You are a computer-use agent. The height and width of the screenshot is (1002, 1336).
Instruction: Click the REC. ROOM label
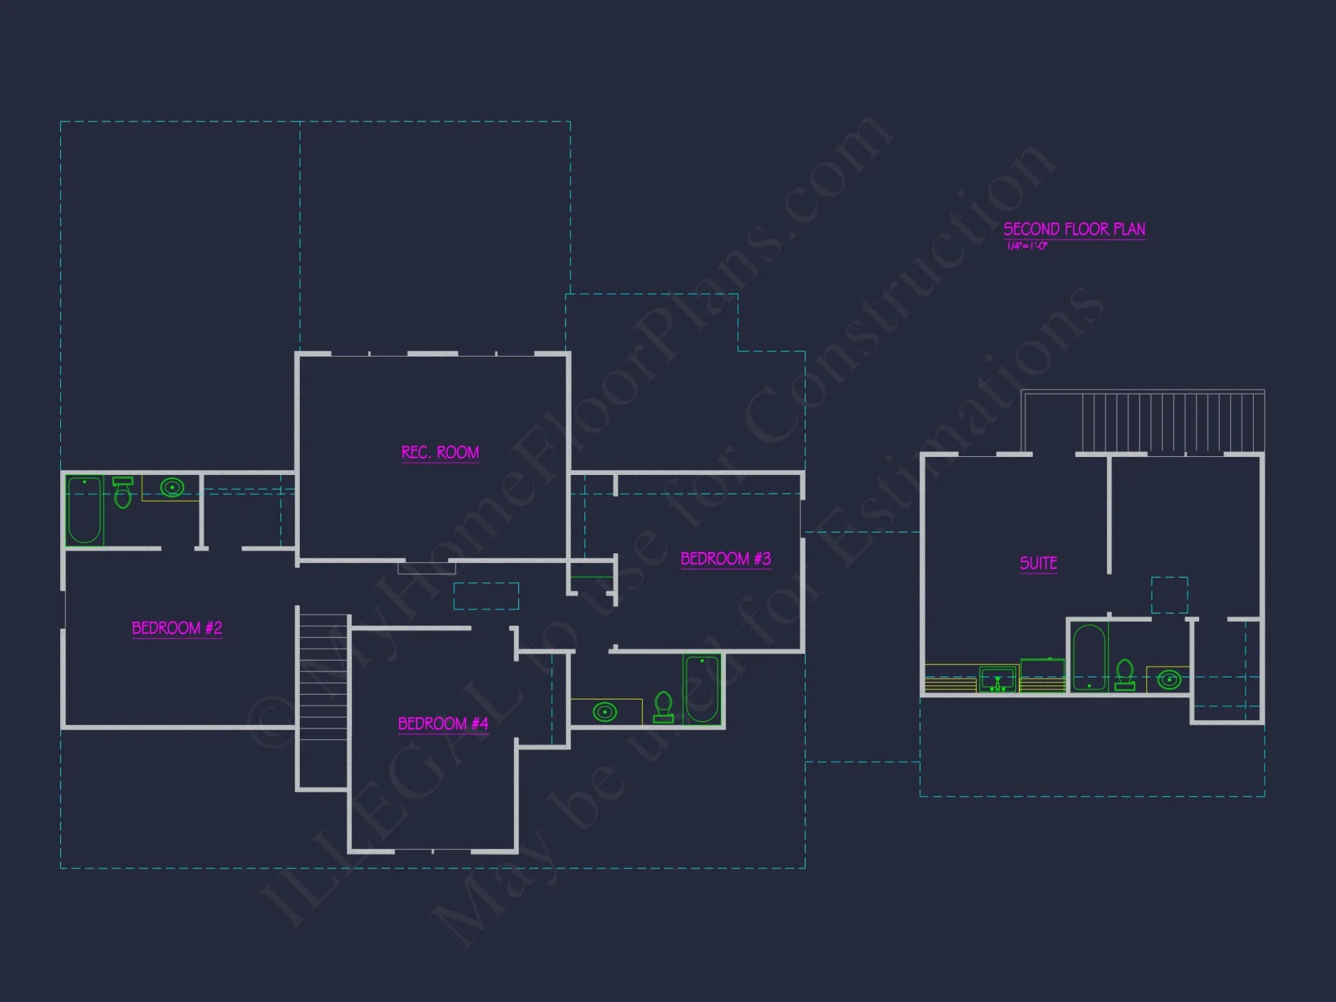[x=440, y=453]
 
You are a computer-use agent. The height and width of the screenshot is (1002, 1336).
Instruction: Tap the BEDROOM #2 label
[x=177, y=628]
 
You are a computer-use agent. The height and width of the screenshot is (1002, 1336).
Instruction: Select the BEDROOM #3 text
[x=725, y=558]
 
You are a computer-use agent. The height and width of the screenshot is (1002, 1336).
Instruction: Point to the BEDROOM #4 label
[x=443, y=723]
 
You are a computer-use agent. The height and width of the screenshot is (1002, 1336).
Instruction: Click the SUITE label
[x=1038, y=563]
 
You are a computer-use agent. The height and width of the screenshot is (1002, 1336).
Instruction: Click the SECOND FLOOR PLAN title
[x=1074, y=229]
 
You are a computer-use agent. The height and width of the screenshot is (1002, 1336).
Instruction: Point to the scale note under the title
[x=1027, y=246]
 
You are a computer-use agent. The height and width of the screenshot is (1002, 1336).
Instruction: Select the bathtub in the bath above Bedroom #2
[x=85, y=510]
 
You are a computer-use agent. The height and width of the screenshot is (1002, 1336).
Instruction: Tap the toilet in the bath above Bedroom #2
[x=123, y=493]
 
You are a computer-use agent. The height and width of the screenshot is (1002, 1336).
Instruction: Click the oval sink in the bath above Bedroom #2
[x=172, y=488]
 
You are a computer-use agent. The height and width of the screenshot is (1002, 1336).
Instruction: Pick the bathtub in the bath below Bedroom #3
[x=701, y=689]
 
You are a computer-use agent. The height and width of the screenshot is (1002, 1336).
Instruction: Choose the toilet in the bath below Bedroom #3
[x=663, y=707]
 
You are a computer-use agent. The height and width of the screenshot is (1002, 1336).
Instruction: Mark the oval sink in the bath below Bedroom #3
[x=605, y=712]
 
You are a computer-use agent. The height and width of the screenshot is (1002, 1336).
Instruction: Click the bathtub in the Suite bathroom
[x=1090, y=657]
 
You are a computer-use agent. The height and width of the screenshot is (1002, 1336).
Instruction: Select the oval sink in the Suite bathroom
[x=1169, y=680]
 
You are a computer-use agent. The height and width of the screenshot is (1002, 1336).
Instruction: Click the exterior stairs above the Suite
[x=1173, y=423]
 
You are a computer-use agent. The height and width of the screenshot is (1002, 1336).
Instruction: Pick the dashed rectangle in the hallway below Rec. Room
[x=486, y=596]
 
